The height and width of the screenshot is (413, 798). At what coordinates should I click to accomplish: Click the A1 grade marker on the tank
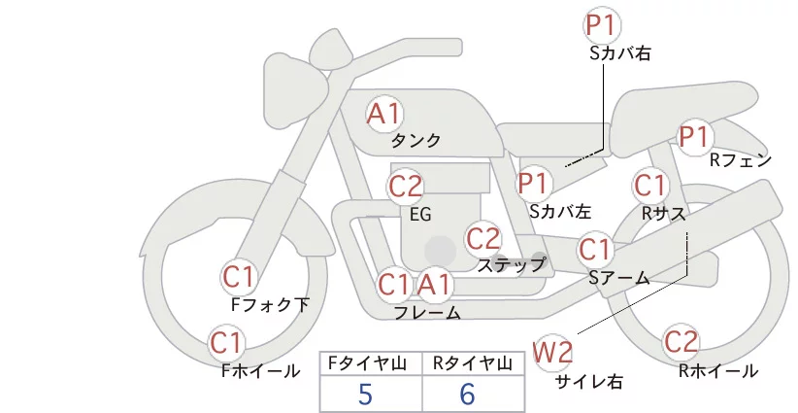[x=384, y=114]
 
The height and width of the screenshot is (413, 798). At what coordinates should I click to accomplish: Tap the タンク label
[x=416, y=141]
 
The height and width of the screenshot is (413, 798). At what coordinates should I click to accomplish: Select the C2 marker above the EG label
[x=406, y=187]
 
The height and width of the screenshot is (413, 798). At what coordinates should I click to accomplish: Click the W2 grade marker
[x=552, y=352]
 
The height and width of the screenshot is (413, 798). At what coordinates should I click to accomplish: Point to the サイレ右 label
[x=589, y=382]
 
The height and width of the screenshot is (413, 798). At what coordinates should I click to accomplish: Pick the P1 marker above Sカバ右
[x=602, y=25]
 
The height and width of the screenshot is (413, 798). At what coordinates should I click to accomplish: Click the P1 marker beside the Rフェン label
[x=695, y=137]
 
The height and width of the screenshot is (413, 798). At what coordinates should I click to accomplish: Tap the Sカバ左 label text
[x=560, y=211]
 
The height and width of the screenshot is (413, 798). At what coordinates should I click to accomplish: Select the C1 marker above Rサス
[x=649, y=186]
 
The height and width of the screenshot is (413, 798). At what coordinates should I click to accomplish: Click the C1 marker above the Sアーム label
[x=594, y=250]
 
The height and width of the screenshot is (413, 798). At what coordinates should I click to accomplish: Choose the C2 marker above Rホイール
[x=681, y=342]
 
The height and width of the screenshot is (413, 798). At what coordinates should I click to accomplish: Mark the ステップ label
[x=511, y=265]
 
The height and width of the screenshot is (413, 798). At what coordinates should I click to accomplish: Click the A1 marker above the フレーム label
[x=435, y=284]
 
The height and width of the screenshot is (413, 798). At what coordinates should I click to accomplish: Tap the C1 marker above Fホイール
[x=226, y=343]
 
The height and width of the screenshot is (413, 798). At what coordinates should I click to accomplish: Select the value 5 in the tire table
[x=365, y=394]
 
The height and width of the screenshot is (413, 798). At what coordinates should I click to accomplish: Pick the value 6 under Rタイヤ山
[x=467, y=394]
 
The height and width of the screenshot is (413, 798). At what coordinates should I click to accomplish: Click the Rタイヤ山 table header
[x=472, y=363]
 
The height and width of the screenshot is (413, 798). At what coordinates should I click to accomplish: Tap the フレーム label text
[x=427, y=313]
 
